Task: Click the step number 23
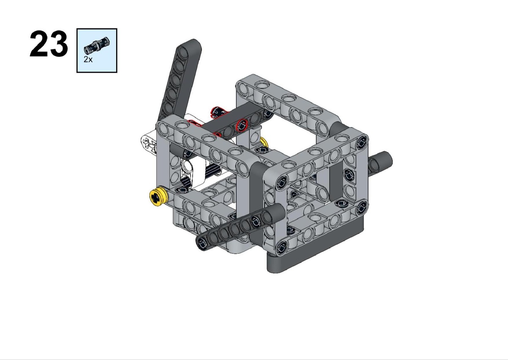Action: tap(49, 44)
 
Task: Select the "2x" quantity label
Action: tap(88, 59)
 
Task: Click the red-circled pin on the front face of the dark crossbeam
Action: tap(242, 125)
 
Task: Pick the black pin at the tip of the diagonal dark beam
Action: tap(202, 243)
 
